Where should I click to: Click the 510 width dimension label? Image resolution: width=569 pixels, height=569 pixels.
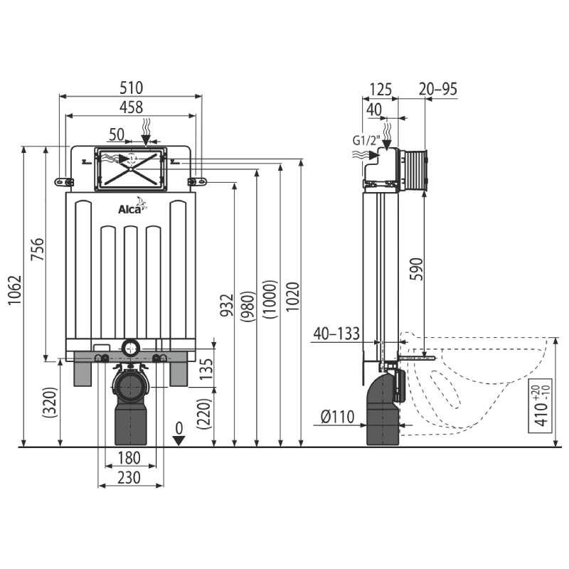tap(132, 87)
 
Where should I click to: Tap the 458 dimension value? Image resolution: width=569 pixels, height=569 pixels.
tap(132, 107)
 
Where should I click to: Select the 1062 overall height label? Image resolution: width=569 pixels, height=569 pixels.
tap(16, 290)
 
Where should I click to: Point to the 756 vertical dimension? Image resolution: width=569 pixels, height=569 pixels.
tap(37, 249)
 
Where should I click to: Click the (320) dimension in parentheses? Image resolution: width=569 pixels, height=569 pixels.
tap(50, 403)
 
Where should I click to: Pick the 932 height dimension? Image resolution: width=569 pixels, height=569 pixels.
tap(227, 305)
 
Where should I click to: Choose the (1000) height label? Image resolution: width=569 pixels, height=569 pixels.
tap(270, 299)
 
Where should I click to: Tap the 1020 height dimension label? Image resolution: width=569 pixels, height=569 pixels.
tap(293, 296)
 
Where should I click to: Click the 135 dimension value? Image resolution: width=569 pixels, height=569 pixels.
tap(206, 368)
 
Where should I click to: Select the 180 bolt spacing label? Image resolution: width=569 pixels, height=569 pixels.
tap(129, 458)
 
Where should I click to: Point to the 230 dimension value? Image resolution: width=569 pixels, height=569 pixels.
tap(129, 477)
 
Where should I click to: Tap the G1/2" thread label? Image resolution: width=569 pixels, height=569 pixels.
tap(366, 140)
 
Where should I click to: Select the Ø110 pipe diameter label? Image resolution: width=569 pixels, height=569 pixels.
tap(337, 417)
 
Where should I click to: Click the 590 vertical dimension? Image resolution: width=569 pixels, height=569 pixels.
tap(417, 269)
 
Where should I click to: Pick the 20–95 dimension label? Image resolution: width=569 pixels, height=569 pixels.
tap(438, 89)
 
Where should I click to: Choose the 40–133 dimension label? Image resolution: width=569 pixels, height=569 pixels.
tap(336, 334)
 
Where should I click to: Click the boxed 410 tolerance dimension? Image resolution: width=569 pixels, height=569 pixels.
tap(541, 405)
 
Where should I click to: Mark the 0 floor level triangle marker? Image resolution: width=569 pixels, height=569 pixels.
tap(179, 441)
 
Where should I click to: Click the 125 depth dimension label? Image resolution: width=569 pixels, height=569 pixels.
tap(381, 89)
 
